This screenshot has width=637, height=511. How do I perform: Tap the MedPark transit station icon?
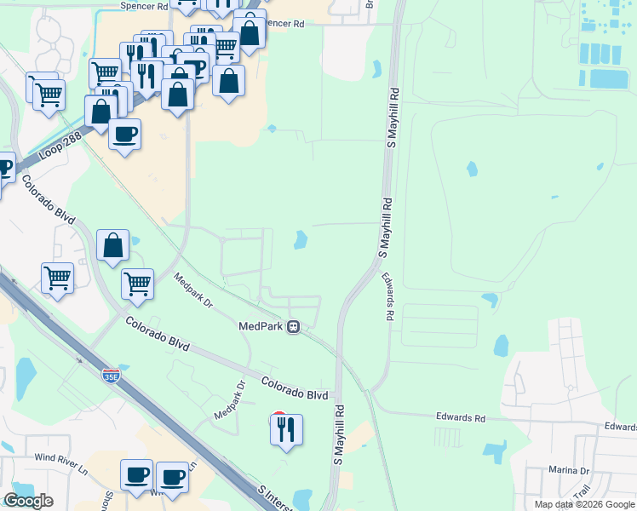[294, 325]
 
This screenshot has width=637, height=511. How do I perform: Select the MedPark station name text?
[261, 325]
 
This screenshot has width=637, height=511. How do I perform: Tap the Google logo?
[28, 501]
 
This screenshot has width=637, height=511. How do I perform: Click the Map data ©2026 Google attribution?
[583, 504]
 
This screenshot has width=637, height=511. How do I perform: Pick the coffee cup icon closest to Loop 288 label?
[125, 135]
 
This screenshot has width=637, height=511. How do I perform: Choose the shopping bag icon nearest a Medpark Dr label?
[113, 247]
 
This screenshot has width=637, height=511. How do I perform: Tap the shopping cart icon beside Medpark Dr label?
[137, 284]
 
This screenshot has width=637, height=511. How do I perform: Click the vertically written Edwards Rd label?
[388, 297]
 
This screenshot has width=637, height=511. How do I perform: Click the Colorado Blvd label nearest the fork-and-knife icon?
[294, 388]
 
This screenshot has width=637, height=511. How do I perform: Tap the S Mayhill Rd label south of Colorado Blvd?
[338, 434]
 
